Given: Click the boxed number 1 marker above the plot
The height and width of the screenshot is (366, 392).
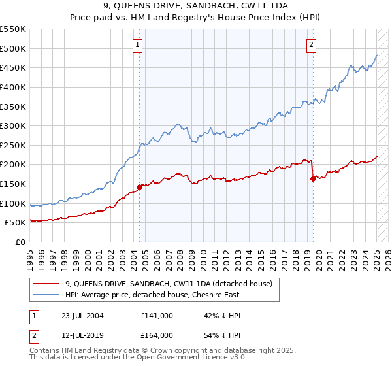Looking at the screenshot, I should coord(139,45).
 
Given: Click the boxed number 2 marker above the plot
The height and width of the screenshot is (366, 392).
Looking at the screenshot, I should coord(312,45).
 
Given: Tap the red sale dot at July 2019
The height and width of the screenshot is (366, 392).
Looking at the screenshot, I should coord(313,178).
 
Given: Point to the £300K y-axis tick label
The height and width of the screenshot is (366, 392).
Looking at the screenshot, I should coord(13,125).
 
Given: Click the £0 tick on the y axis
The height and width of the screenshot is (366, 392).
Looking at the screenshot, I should coord(20,242).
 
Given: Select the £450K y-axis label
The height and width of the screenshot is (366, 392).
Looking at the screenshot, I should coord(13,67).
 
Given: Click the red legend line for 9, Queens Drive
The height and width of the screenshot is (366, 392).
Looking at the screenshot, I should coord(46,284).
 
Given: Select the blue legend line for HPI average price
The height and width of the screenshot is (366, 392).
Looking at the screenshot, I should coord(46,295).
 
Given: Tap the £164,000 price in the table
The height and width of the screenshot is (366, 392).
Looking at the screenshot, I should coord(157,335).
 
